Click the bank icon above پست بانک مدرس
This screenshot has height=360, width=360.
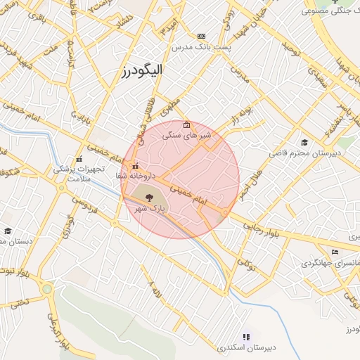(x=202, y=36)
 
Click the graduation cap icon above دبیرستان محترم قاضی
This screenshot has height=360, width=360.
(x=304, y=142)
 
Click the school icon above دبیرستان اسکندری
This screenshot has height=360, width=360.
(x=246, y=337)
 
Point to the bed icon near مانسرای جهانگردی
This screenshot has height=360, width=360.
(x=335, y=252)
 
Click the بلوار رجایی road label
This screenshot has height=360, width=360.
(x=262, y=227)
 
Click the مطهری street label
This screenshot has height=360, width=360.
(x=169, y=106)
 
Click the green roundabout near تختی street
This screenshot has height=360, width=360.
(x=46, y=288)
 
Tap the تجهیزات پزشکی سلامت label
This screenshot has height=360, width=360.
(x=79, y=174)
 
